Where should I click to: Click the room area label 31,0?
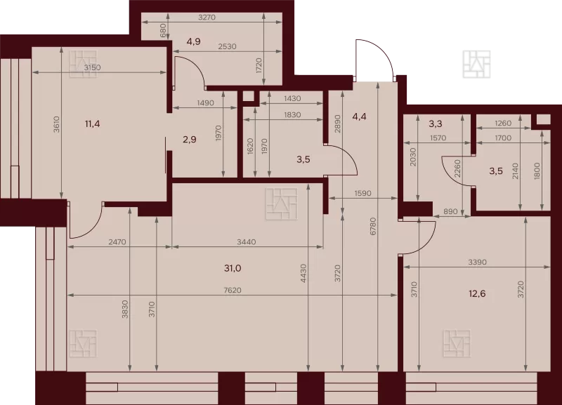click(x=233, y=268)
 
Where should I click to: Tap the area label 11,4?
click(x=92, y=124)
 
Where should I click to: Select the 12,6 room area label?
click(x=477, y=294)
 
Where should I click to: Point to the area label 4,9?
click(x=194, y=41)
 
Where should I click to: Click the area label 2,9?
click(x=189, y=139)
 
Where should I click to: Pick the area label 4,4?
click(x=359, y=117)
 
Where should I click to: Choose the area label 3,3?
click(x=435, y=124)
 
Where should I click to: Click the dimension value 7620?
click(x=233, y=290)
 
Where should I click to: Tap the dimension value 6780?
click(x=373, y=226)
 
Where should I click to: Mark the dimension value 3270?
click(x=207, y=17)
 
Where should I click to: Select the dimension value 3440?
click(x=247, y=242)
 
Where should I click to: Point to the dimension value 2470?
click(x=117, y=242)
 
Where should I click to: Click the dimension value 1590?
click(x=362, y=193)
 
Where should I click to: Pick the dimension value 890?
click(x=450, y=212)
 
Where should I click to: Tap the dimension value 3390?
click(x=478, y=262)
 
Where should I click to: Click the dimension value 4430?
click(x=303, y=273)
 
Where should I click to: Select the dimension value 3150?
click(x=93, y=67)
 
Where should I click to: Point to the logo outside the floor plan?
click(x=476, y=65)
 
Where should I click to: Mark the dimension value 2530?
click(x=227, y=46)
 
